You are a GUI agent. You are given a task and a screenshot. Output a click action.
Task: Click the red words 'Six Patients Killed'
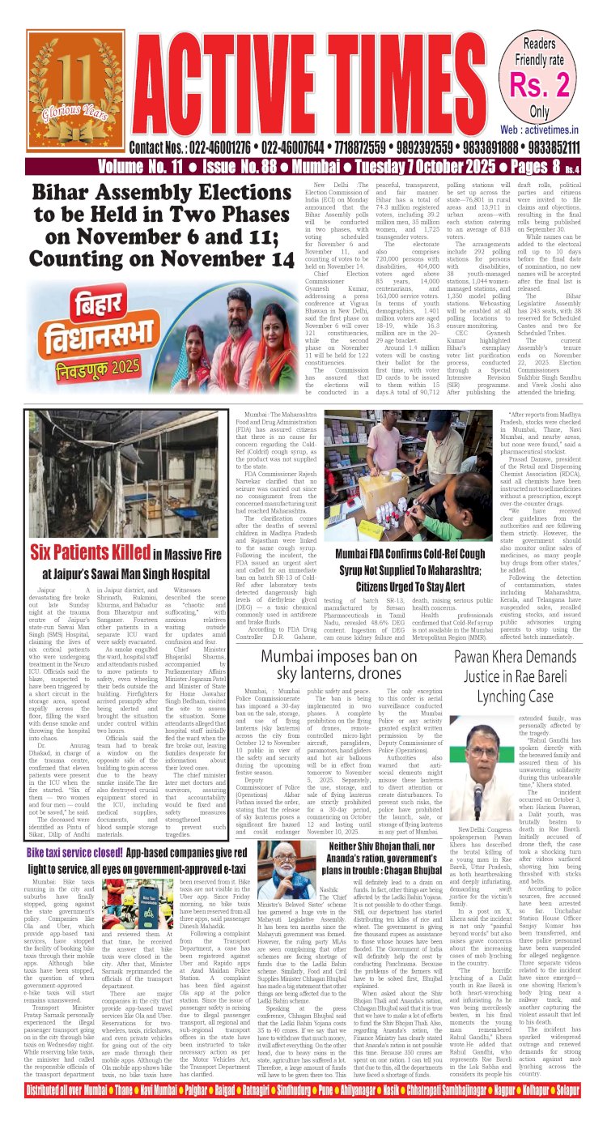pos(90,553)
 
